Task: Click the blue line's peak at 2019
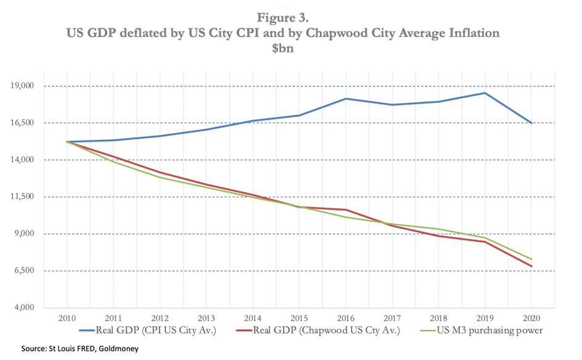pyautogui.click(x=485, y=93)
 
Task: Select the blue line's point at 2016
pyautogui.click(x=346, y=99)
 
